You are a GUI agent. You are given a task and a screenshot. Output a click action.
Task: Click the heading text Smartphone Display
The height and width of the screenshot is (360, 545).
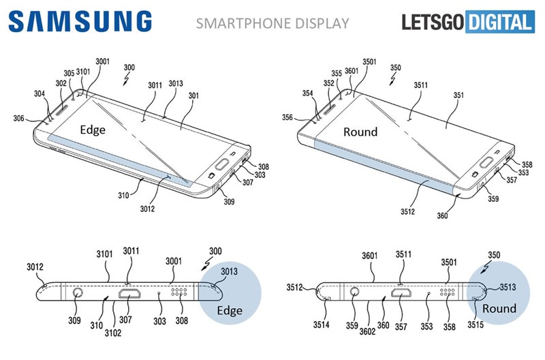click(272, 24)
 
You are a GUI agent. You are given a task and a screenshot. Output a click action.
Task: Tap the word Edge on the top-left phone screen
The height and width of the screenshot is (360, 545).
click(93, 130)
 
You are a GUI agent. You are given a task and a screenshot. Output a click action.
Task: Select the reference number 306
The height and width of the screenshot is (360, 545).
click(18, 118)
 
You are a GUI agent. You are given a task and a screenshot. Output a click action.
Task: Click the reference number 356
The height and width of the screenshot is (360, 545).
click(287, 117)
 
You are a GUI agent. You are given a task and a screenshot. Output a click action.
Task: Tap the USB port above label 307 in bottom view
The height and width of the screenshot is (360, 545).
click(128, 295)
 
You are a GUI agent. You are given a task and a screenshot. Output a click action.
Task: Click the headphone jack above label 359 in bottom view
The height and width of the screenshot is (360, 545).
click(354, 295)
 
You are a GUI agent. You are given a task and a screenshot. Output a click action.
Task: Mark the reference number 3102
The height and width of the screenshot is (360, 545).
click(112, 334)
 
